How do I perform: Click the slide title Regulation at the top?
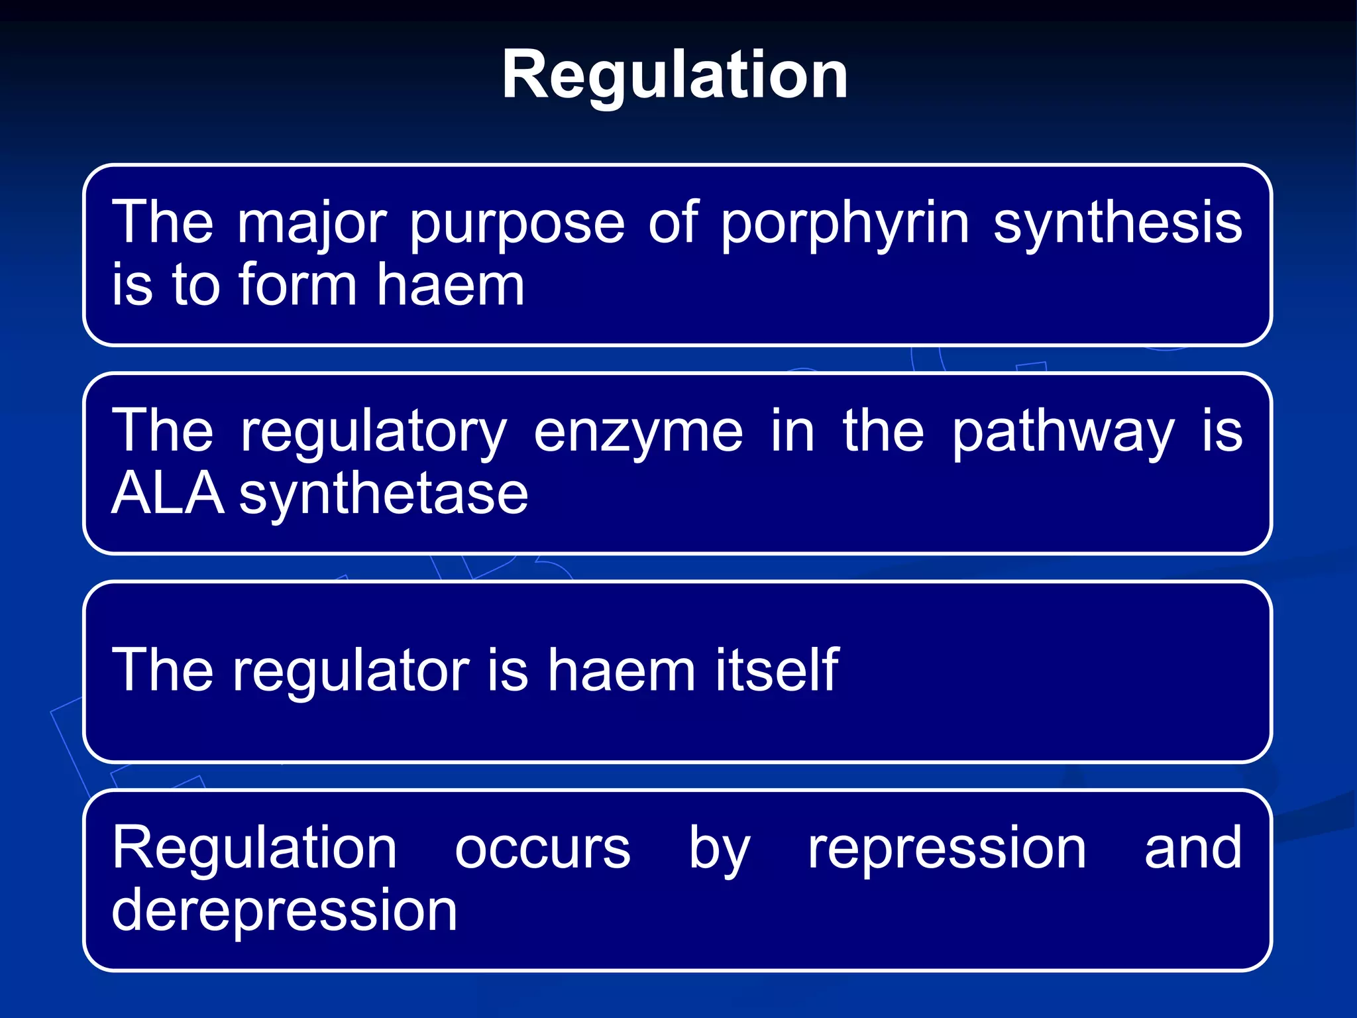(675, 76)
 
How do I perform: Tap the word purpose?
(517, 225)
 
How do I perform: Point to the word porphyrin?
(845, 225)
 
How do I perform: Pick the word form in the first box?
(298, 286)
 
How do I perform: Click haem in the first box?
(451, 286)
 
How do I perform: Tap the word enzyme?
(638, 432)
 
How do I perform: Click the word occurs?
(543, 849)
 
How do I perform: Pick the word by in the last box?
(719, 850)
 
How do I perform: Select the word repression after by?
(947, 850)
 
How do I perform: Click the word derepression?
(284, 911)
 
